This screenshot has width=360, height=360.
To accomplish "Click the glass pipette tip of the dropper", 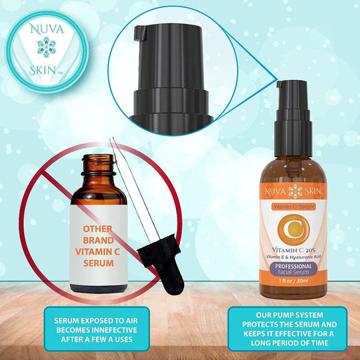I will click(x=113, y=143).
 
